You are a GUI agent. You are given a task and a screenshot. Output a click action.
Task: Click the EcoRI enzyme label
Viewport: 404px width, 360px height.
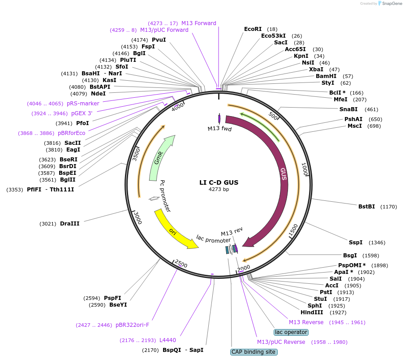coord(253,29)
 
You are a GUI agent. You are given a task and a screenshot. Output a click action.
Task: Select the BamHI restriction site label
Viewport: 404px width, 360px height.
coord(326,76)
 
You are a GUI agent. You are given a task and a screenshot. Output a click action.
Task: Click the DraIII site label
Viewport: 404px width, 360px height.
coord(69,223)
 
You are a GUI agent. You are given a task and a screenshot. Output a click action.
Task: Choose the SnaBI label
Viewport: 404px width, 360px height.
coord(348,109)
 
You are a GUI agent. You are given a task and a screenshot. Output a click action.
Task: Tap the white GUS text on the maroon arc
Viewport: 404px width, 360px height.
coord(283,174)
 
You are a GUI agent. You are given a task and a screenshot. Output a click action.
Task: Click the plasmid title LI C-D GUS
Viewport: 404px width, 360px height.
coord(219,182)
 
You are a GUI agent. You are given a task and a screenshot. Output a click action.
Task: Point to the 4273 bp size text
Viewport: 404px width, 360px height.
coord(219,190)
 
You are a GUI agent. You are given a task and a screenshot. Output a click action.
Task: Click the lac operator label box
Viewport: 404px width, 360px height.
coord(291,332)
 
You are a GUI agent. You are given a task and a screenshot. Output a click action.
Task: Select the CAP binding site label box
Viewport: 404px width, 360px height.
coord(254,352)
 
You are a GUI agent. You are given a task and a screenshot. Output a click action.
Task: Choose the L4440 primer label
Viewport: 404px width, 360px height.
coord(168,340)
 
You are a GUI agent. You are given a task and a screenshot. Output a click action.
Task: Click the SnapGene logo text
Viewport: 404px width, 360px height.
coord(391,4)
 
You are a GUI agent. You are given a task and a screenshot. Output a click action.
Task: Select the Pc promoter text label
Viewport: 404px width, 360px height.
coord(166,196)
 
